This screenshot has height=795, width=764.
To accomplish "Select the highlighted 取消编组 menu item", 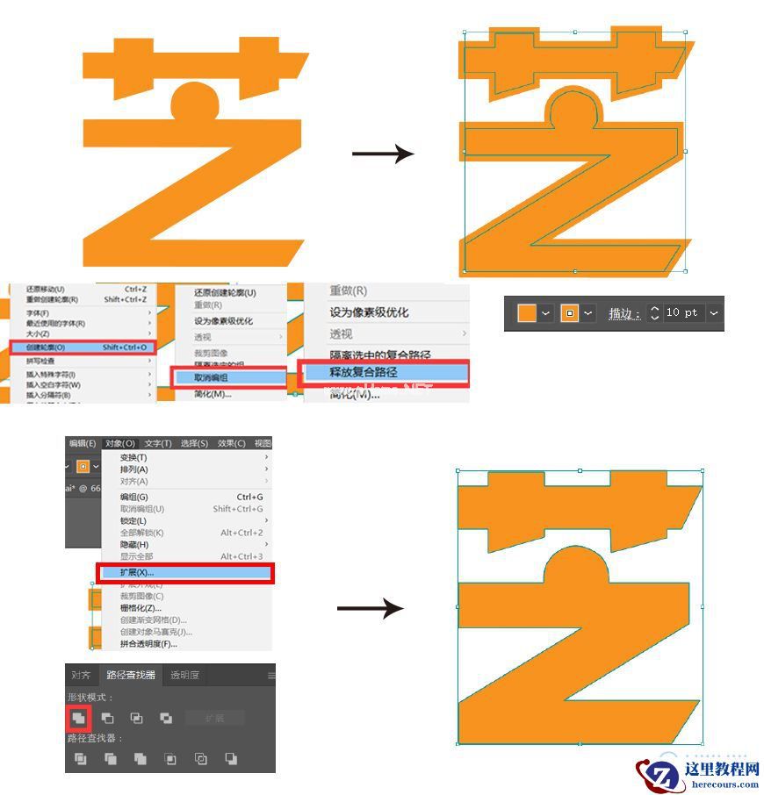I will point(228,377).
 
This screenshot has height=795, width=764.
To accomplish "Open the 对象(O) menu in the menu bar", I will point(119,443).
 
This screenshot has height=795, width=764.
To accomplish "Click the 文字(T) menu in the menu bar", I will point(158,443).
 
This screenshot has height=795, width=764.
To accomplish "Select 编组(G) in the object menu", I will point(134,497).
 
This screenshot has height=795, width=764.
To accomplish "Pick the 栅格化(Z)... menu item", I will point(141,608).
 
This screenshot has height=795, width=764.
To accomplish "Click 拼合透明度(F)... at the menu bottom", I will point(148,643).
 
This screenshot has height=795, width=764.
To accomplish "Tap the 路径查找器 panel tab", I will point(131,675).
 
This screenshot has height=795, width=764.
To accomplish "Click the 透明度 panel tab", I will point(184,675).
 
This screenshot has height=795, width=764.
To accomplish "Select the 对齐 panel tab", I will point(81,675).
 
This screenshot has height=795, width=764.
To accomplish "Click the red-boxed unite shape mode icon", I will point(79,718).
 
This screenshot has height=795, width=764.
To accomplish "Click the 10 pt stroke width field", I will point(681,312).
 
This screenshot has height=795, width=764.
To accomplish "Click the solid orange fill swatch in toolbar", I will point(526,312).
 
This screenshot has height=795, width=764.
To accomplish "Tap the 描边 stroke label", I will point(621,313).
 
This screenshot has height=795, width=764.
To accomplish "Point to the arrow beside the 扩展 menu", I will point(370,608).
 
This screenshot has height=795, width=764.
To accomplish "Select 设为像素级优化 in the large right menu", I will point(369,312).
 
